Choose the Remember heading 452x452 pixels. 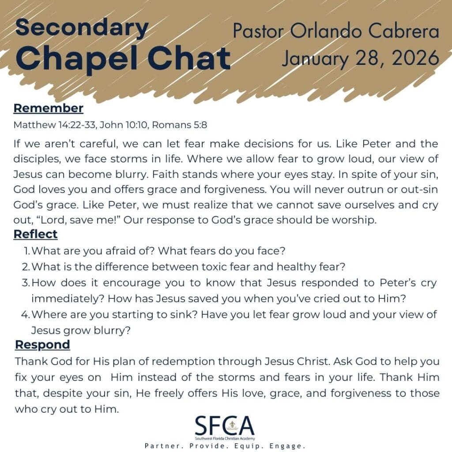pos(49,108)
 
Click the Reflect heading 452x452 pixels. pos(36,234)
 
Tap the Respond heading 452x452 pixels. pos(42,344)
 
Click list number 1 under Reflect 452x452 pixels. pos(27,251)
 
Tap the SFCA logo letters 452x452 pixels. pos(225,426)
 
